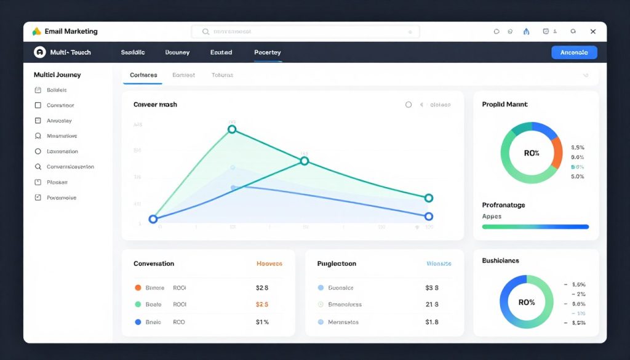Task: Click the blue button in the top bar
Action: (574, 52)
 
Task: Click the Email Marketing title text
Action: (71, 31)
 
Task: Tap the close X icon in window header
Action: (593, 31)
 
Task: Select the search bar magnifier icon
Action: (205, 31)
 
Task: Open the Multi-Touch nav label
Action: (71, 52)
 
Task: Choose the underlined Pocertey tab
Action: (267, 52)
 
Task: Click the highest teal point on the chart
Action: (232, 129)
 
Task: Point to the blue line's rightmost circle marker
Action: (429, 217)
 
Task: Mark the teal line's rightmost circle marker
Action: (429, 198)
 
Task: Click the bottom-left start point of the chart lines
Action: (153, 219)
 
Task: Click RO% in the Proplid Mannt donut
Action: (532, 153)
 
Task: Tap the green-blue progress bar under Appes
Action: (535, 226)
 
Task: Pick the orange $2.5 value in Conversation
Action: (261, 304)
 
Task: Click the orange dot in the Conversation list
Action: (138, 287)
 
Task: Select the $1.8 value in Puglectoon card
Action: (432, 322)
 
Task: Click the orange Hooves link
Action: (269, 263)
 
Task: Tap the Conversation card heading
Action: (154, 263)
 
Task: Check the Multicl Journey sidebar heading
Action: (57, 74)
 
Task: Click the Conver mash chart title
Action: (155, 105)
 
